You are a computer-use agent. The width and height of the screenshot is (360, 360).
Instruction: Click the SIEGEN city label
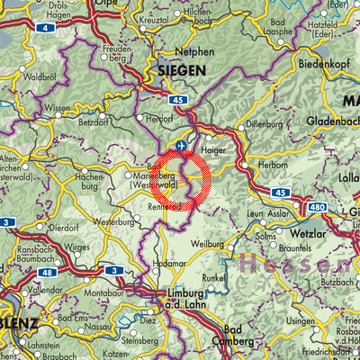click(x=181, y=69)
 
